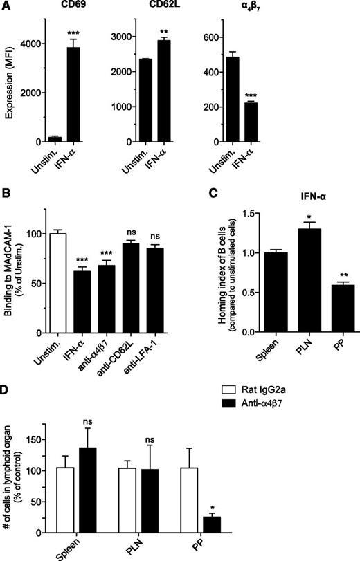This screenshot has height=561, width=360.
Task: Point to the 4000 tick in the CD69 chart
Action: (43, 44)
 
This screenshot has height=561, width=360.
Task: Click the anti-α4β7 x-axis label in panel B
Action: (107, 351)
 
